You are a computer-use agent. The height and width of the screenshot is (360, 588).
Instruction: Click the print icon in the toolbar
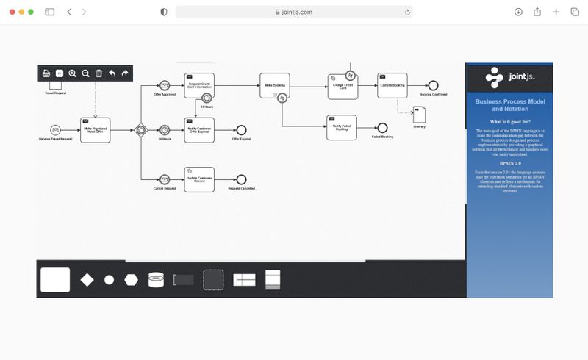(46, 73)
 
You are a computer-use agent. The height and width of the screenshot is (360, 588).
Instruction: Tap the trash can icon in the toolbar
(98, 73)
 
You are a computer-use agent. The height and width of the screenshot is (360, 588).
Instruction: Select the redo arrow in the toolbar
(125, 73)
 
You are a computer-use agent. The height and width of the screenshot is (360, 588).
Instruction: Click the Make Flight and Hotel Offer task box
(95, 130)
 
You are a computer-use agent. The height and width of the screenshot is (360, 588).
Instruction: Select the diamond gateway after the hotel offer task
(141, 130)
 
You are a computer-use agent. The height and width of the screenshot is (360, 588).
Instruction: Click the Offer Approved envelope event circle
(165, 86)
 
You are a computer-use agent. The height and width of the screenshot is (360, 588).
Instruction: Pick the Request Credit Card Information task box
(199, 86)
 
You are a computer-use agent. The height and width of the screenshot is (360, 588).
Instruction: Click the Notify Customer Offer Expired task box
(199, 130)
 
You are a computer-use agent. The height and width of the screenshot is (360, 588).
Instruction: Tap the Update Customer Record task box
(199, 179)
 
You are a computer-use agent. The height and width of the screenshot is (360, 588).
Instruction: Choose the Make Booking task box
(274, 86)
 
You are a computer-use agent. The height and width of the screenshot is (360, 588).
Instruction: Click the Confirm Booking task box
(392, 86)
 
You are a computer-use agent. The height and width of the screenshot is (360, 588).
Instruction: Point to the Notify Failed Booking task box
(341, 128)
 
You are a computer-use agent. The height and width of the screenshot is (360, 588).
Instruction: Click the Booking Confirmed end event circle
(433, 86)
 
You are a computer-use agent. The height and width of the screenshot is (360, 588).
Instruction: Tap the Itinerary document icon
(419, 115)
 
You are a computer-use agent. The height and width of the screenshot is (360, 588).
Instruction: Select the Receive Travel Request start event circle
(55, 130)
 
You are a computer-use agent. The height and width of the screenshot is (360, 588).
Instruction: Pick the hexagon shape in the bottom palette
(131, 280)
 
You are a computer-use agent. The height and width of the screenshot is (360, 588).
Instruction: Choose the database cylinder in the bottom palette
(156, 280)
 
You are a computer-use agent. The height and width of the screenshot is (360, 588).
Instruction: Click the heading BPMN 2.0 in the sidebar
(509, 163)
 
